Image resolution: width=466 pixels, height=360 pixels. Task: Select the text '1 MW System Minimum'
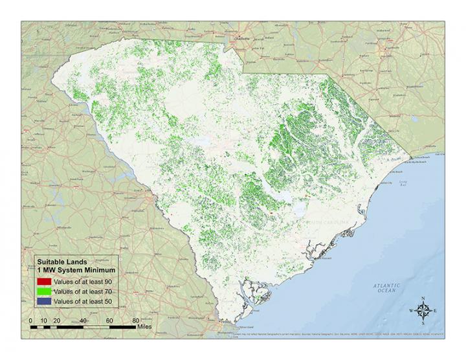[76, 269]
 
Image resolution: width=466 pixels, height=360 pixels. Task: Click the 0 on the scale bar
[30, 321]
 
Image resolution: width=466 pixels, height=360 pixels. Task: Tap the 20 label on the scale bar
[56, 321]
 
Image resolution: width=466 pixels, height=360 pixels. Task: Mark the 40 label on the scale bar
[83, 321]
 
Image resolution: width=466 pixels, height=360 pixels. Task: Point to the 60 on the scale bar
[109, 321]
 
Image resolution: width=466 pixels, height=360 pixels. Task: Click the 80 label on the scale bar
[135, 321]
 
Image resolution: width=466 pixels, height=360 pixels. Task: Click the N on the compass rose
[423, 298]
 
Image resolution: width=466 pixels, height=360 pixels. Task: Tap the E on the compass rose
[435, 311]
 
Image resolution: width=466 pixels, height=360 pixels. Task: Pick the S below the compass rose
[423, 323]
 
